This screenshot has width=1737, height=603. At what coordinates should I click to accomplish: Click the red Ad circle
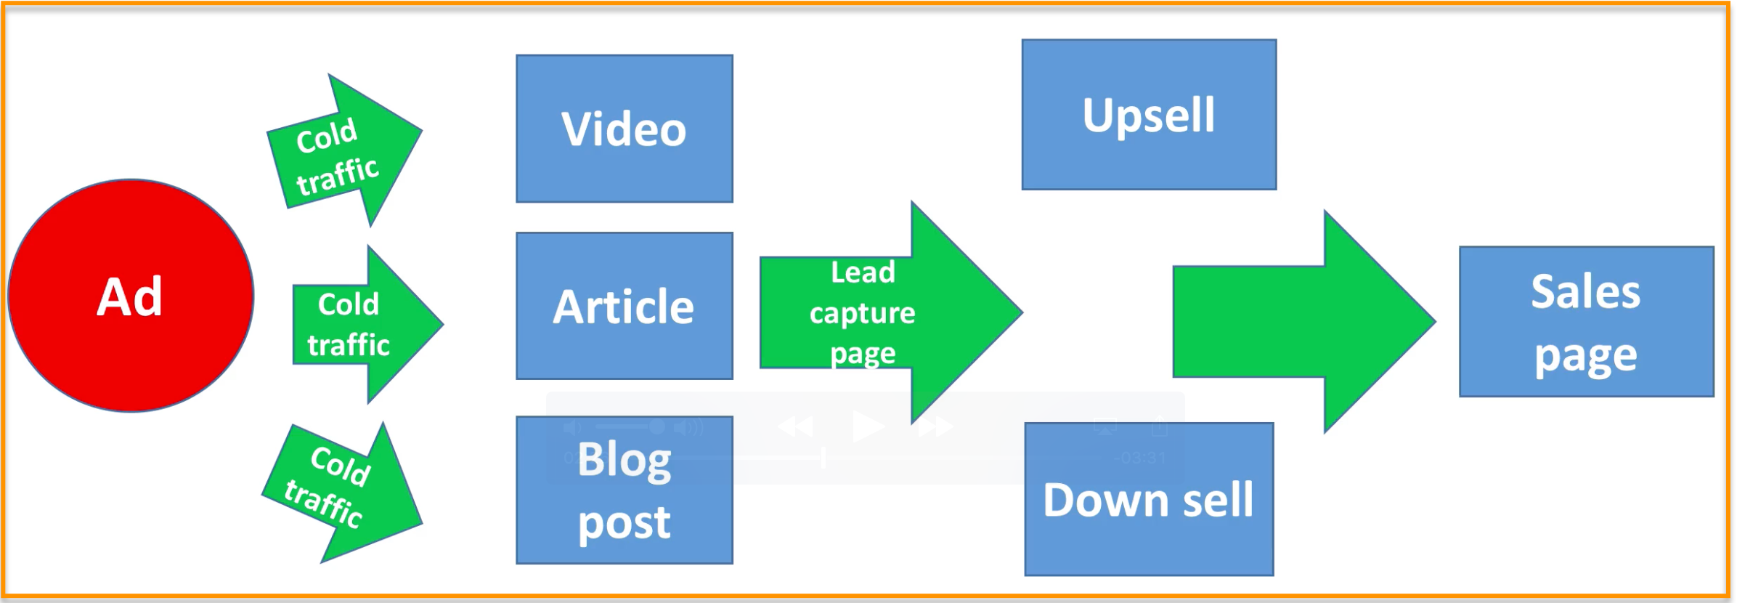coord(131,296)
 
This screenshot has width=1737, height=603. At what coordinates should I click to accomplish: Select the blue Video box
coord(624,129)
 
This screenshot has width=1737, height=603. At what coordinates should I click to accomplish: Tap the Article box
coord(624,306)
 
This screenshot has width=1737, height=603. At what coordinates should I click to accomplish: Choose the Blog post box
coord(624,490)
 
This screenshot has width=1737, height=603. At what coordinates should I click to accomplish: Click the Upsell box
coord(1148,115)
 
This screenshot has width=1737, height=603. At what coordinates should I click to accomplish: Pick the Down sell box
coord(1148,499)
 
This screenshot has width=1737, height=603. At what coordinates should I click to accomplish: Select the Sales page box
coord(1586,322)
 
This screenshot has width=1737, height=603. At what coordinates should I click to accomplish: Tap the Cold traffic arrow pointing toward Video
coord(345,153)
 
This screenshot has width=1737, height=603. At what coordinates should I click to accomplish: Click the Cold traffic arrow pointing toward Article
coord(363,324)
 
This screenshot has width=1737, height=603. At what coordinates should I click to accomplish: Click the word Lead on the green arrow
coord(863,272)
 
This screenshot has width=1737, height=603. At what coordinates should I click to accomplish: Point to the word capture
coord(863,313)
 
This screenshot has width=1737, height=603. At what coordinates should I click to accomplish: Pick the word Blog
coord(625,460)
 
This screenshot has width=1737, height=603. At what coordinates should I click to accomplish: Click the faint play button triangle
coord(867,426)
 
